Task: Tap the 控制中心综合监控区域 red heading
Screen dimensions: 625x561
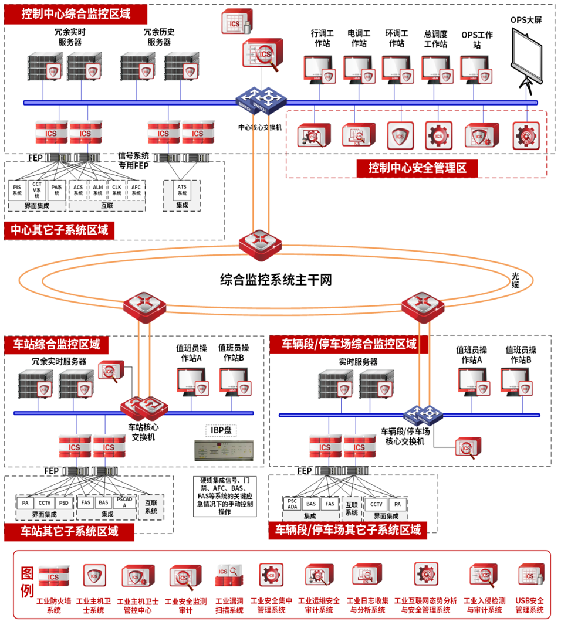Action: click(x=76, y=13)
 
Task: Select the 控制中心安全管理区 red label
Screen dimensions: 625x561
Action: click(x=418, y=168)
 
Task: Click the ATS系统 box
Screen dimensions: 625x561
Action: click(x=183, y=190)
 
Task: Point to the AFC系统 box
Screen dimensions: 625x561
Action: click(x=136, y=190)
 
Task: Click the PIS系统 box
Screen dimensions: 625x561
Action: click(x=18, y=190)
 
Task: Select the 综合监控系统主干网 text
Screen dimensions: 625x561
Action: click(x=276, y=280)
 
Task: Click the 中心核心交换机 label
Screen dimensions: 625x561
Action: click(x=262, y=127)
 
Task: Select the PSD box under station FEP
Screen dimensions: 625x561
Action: click(x=63, y=503)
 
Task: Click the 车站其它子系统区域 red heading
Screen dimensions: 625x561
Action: click(x=69, y=532)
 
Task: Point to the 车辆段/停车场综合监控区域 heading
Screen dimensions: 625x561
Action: click(x=350, y=344)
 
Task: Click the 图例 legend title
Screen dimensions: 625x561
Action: click(x=26, y=582)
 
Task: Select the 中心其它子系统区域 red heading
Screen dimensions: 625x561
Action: click(x=59, y=230)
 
